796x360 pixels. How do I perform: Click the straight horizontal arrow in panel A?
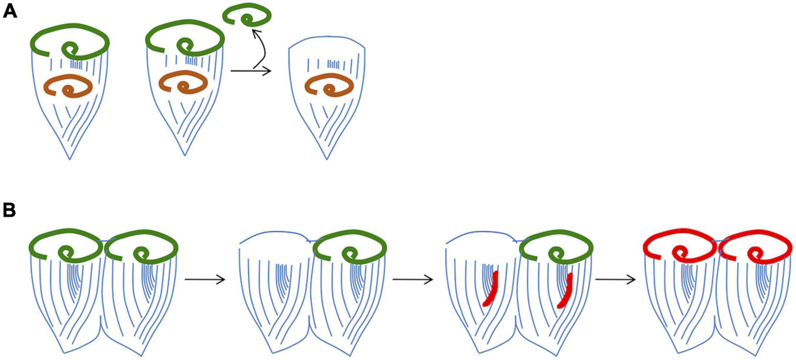(251, 71)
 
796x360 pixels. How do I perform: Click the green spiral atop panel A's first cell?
(70, 41)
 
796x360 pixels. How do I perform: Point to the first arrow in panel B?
(205, 280)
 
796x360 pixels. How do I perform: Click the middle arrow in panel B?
(412, 280)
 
